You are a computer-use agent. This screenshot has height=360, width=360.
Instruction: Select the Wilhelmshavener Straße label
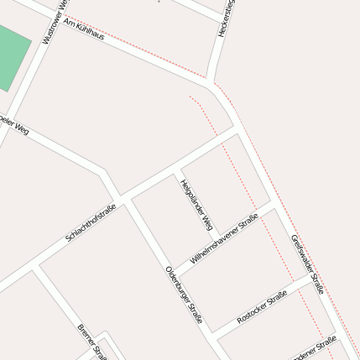pyautogui.click(x=224, y=240)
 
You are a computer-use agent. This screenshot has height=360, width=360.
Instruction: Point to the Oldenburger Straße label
pyautogui.click(x=184, y=295)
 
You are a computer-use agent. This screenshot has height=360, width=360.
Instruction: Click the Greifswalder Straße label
pyautogui.click(x=307, y=263)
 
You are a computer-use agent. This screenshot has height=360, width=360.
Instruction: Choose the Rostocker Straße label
pyautogui.click(x=262, y=307)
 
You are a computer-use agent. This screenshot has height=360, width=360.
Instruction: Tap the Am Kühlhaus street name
pyautogui.click(x=84, y=31)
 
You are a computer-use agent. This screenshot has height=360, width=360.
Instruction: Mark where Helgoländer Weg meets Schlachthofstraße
pyautogui.click(x=175, y=171)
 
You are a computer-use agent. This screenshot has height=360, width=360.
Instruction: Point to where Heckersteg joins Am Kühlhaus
pyautogui.click(x=209, y=80)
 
